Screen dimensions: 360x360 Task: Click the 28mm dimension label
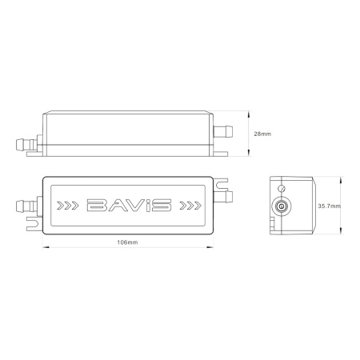click(261, 134)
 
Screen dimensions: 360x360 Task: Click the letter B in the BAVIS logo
click(94, 206)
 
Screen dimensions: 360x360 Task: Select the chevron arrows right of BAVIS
click(190, 206)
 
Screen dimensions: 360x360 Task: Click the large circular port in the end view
click(281, 206)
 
